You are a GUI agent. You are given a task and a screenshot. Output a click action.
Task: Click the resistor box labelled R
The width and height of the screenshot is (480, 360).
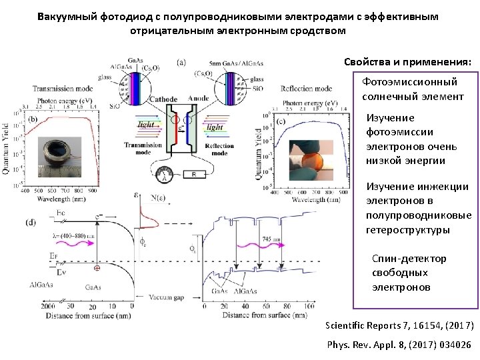(194, 175)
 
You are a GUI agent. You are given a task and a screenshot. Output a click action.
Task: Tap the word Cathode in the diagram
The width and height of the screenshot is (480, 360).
(163, 99)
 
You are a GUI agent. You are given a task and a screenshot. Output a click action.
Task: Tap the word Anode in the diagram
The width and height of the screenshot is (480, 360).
(198, 99)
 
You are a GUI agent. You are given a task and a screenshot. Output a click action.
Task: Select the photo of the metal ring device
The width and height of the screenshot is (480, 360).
(57, 156)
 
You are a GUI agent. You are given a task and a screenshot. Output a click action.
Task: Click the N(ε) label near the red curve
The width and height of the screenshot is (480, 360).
(160, 197)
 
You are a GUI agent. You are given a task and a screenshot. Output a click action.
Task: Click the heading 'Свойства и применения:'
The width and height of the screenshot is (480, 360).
(407, 62)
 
